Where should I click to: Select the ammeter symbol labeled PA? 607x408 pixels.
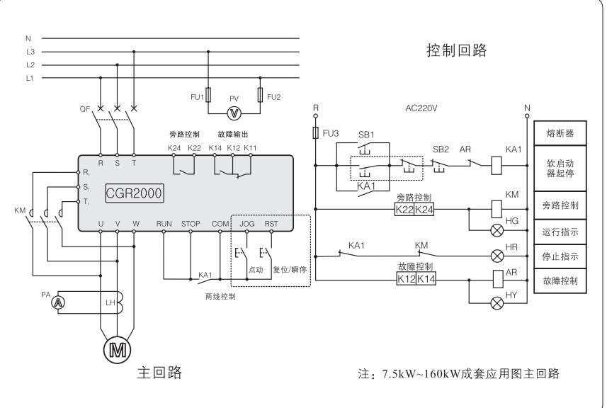coord(59,301)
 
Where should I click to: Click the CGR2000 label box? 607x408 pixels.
coord(135,191)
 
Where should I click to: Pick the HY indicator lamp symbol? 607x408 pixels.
coord(496,301)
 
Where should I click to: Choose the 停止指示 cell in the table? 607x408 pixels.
coord(559,256)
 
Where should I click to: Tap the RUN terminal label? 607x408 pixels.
coord(164,224)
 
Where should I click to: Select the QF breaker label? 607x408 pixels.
coord(85,109)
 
